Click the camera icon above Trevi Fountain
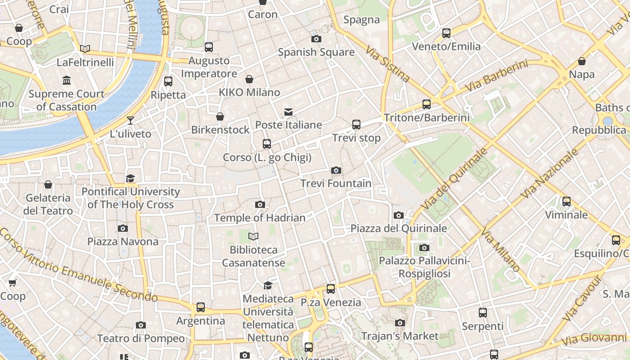[336, 170]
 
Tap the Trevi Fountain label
[336, 184]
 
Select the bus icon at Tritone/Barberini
[427, 104]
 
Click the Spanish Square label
[316, 52]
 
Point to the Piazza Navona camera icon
[123, 228]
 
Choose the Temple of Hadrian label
[260, 218]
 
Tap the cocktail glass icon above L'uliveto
[130, 121]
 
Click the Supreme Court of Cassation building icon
[67, 81]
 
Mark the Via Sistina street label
[387, 63]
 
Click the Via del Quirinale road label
[455, 178]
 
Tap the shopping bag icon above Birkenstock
[220, 117]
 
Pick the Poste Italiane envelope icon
[288, 112]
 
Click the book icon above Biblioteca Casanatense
[254, 236]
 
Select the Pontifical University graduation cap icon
[130, 178]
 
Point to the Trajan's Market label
[400, 336]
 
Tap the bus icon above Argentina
[201, 307]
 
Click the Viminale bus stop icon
[567, 201]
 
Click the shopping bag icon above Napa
[582, 61]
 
